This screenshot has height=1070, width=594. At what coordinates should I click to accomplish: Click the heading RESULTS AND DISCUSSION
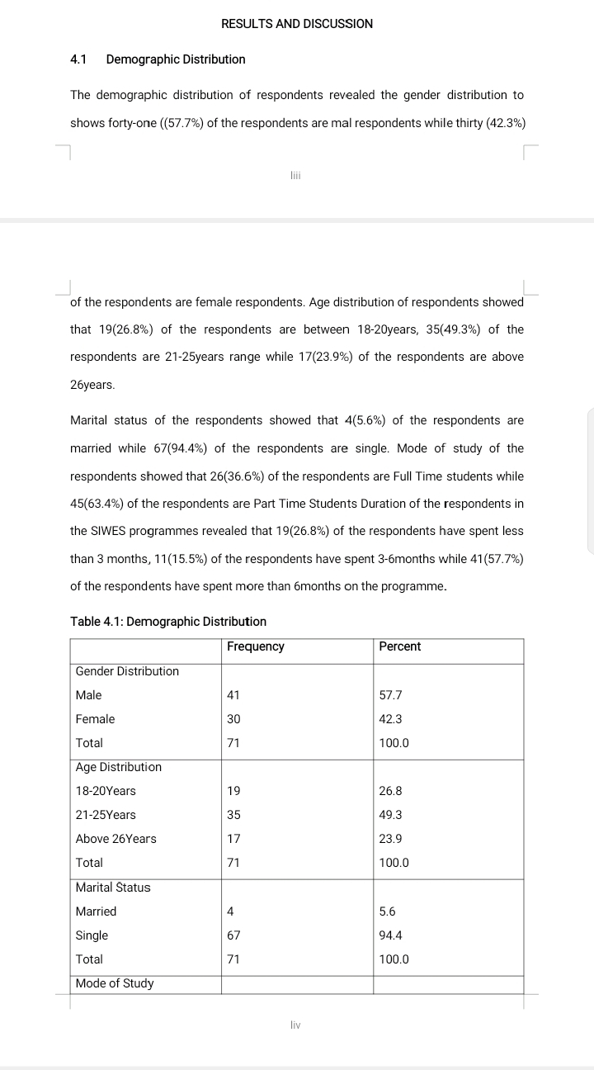[297, 24]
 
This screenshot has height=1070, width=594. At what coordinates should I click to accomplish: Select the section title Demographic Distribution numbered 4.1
[176, 59]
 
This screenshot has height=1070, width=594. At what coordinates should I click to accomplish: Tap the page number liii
[296, 175]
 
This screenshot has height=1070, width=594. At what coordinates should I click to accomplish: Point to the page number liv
[296, 1025]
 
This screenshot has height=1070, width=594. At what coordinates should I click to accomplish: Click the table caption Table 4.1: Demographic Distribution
[168, 621]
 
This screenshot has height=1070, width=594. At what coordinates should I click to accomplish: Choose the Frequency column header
[256, 646]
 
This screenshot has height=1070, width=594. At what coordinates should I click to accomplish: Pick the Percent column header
[400, 646]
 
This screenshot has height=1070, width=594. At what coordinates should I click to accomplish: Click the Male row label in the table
[89, 695]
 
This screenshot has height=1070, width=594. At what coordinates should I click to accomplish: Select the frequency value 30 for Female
[233, 719]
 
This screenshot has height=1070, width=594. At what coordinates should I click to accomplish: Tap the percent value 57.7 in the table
[391, 695]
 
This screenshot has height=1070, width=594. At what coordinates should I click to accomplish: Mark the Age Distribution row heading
[119, 767]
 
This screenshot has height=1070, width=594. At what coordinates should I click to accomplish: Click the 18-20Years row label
[106, 791]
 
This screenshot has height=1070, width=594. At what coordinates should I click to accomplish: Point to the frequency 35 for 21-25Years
[233, 815]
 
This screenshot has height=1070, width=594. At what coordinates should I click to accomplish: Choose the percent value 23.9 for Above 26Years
[391, 839]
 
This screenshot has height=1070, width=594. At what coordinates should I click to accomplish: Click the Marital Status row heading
[113, 888]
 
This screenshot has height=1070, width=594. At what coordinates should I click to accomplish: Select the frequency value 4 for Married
[230, 911]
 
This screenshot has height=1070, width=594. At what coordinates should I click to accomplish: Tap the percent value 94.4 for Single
[391, 935]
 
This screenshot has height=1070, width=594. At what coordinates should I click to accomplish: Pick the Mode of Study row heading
[115, 983]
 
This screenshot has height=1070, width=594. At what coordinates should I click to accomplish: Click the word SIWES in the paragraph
[108, 531]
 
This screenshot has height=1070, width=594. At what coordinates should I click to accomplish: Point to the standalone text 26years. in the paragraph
[92, 386]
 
